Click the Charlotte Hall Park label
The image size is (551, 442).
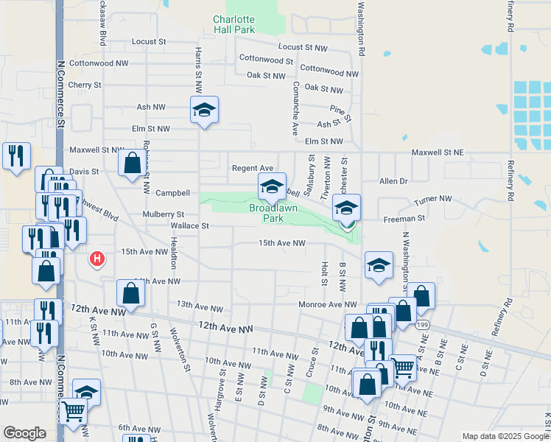pyautogui.click(x=234, y=24)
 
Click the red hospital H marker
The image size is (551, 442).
pyautogui.click(x=96, y=259)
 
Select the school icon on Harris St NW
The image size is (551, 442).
pyautogui.click(x=204, y=110)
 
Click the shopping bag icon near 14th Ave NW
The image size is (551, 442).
pyautogui.click(x=130, y=294)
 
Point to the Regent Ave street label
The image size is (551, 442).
pyautogui.click(x=253, y=168)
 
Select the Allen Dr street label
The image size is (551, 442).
pyautogui.click(x=393, y=181)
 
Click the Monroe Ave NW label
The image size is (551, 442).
pyautogui.click(x=327, y=304)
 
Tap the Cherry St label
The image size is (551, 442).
pyautogui.click(x=84, y=85)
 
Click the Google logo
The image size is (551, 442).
pyautogui.click(x=24, y=433)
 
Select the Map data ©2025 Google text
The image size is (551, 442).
pyautogui.click(x=505, y=436)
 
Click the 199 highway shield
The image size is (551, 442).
pyautogui.click(x=421, y=323)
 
